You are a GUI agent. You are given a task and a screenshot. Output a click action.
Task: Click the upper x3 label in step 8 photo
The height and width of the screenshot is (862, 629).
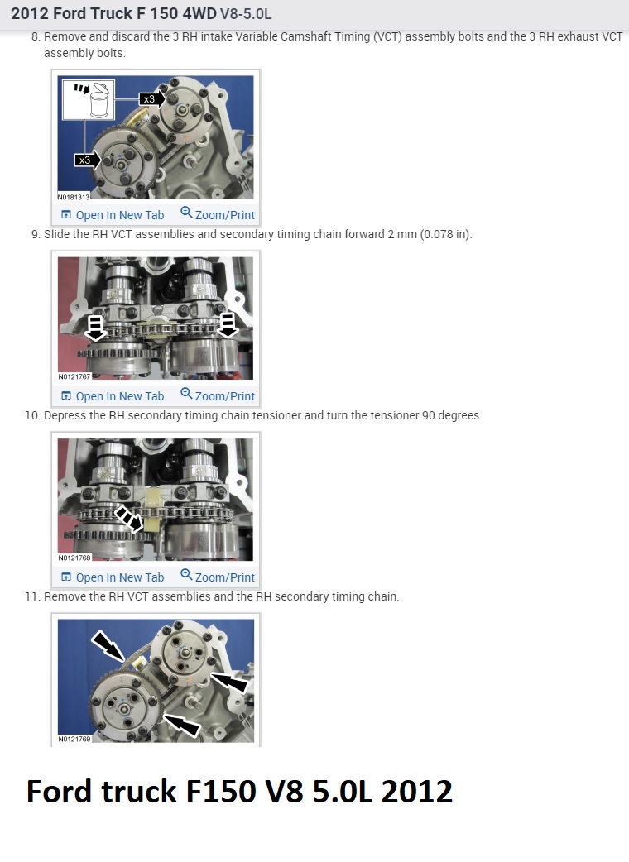click(148, 99)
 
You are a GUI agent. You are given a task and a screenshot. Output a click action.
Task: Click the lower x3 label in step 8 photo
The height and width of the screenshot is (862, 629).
click(84, 160)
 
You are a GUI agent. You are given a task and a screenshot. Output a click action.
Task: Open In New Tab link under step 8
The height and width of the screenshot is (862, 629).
click(113, 215)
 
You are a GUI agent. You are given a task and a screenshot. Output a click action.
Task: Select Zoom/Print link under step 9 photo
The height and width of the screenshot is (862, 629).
click(218, 395)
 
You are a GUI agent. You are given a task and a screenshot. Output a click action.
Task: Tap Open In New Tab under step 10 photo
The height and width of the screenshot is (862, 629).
click(113, 577)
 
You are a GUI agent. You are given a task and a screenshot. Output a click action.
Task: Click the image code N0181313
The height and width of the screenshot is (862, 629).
click(74, 197)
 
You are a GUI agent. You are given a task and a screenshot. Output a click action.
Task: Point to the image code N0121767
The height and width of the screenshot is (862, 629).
click(74, 376)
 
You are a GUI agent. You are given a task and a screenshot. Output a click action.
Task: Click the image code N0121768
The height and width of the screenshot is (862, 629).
click(74, 558)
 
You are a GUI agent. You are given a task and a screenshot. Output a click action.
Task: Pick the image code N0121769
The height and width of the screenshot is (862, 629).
click(74, 739)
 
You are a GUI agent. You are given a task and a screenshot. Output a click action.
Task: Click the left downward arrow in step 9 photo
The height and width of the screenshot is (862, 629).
click(96, 327)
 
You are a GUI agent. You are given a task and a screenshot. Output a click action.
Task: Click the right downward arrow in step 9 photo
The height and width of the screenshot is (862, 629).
click(228, 325)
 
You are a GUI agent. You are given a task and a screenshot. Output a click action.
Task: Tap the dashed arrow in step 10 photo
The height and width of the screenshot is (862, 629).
click(128, 519)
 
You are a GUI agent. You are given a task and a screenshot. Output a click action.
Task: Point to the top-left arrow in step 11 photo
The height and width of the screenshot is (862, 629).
click(108, 646)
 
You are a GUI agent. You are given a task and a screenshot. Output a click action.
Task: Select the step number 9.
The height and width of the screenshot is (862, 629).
click(36, 235)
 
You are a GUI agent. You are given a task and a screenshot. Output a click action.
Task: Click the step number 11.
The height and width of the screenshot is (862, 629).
click(32, 596)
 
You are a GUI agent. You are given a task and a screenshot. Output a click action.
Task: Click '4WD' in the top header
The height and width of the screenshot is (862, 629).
click(199, 13)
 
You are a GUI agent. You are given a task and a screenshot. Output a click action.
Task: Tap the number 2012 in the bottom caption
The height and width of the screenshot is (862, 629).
click(417, 792)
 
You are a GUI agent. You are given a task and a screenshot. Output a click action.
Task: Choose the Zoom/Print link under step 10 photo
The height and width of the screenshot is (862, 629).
click(218, 577)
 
